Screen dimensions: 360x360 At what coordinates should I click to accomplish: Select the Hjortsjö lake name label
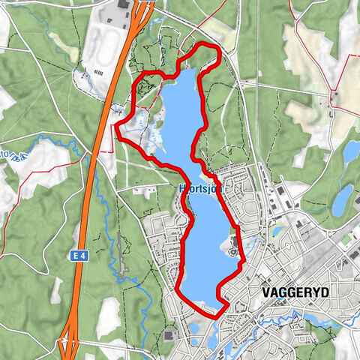tap(199, 188)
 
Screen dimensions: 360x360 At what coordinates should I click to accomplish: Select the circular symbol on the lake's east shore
tap(233, 253)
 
